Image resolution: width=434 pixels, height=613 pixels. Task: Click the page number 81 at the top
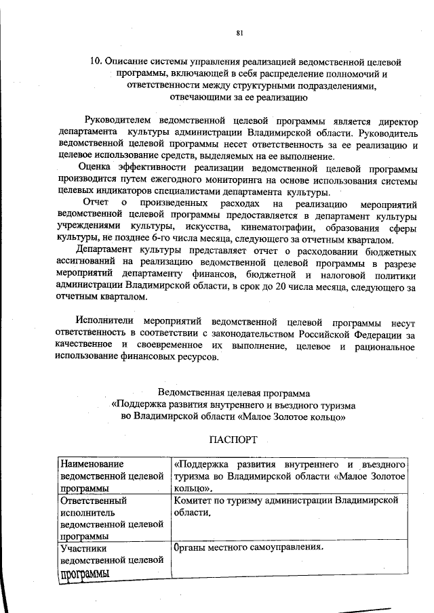(x=239, y=32)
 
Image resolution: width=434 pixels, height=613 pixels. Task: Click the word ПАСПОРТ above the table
(x=233, y=440)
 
